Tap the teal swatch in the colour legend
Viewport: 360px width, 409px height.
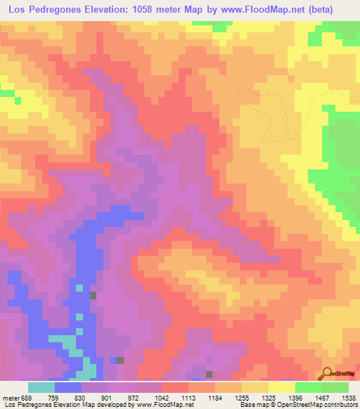pos(41,387)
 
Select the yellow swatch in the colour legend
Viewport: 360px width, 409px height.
pos(281,387)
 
